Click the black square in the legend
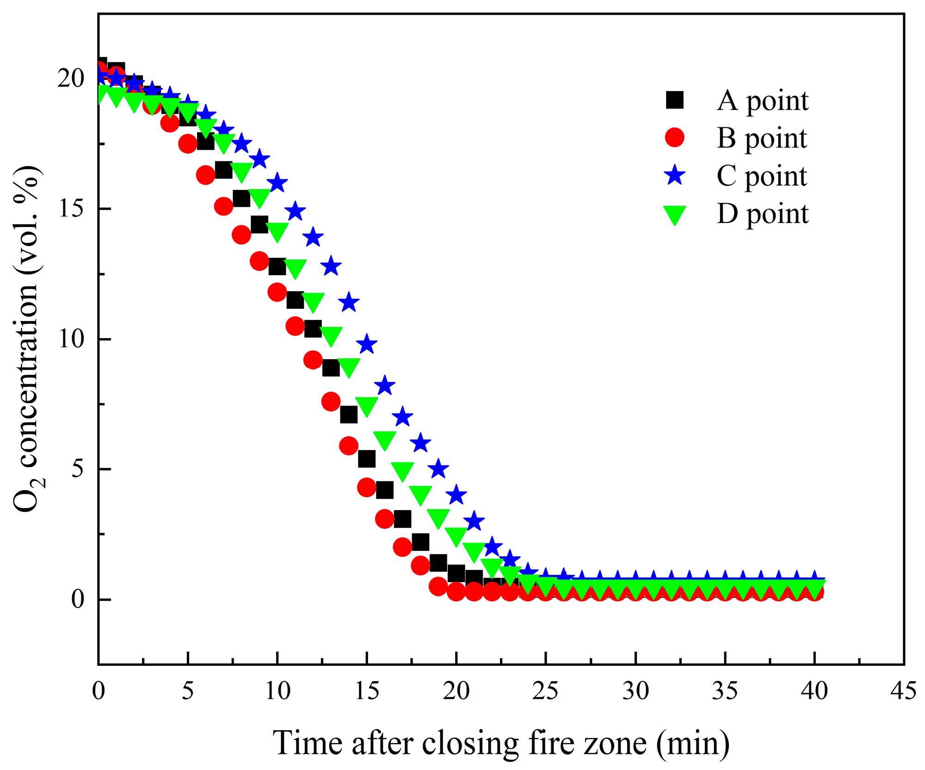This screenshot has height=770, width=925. click(674, 100)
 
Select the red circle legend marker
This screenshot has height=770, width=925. click(674, 138)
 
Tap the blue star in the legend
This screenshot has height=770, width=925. click(675, 175)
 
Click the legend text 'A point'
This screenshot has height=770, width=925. click(762, 101)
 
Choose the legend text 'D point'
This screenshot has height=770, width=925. click(762, 214)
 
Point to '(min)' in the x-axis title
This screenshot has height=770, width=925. click(692, 744)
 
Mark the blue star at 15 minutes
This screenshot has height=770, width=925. click(367, 344)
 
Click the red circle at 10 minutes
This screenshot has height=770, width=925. click(277, 292)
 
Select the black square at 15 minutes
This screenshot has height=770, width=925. click(367, 459)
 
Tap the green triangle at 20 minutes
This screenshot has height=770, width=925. click(456, 536)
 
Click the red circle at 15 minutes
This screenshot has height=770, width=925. click(367, 487)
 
